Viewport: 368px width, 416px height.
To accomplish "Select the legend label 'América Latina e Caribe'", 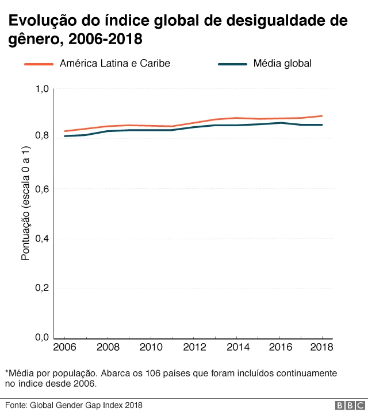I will [115, 63].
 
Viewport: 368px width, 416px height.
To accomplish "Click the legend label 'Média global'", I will [282, 63].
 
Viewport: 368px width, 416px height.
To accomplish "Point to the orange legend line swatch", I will [39, 64].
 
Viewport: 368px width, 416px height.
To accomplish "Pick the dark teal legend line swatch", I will [233, 64].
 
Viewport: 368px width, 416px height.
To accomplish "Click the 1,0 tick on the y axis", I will [43, 89].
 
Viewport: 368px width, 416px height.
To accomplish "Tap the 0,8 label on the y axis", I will [43, 136].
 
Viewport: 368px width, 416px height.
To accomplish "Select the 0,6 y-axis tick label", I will [43, 189].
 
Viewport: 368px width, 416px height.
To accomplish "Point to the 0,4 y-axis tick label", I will [43, 238].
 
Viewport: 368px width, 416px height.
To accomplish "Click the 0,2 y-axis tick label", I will [43, 288].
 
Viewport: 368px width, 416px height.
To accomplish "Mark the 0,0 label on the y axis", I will [43, 337].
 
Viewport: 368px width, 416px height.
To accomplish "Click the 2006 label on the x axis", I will [64, 348].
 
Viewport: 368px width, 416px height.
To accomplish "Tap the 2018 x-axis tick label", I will [321, 348].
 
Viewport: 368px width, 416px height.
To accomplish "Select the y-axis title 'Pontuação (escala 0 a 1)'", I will [25, 211].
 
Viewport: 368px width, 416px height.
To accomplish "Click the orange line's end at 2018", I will [321, 116].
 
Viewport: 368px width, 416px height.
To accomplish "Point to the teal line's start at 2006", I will [64, 136].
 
